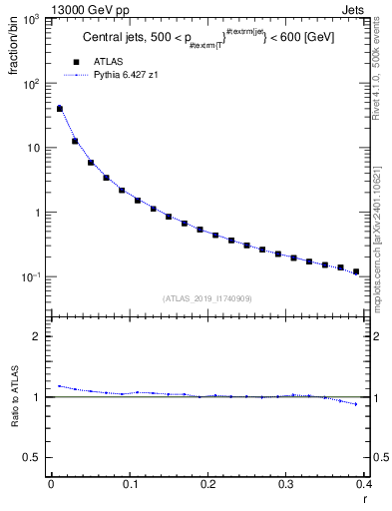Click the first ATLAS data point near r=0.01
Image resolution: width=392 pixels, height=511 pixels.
[x=59, y=109]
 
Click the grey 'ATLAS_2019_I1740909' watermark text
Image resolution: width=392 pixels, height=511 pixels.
[x=206, y=297]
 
